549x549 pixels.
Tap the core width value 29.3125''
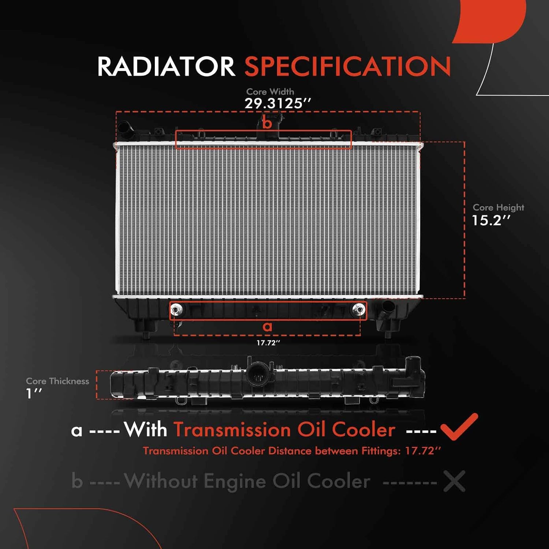277,104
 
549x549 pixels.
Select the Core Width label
270,91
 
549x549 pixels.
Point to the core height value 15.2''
491,220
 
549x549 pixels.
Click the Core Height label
498,208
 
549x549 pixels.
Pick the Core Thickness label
57,381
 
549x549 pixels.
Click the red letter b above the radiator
267,123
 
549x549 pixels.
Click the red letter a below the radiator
268,326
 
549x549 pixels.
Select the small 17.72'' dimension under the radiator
268,343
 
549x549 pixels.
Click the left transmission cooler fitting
176,310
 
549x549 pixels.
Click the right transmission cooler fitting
359,310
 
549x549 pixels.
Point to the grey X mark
454,481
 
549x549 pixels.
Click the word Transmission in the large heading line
233,430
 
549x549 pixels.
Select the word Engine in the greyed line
235,481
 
